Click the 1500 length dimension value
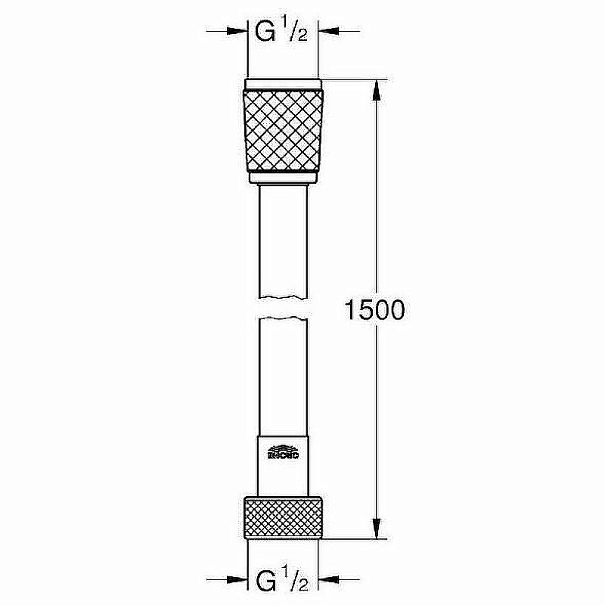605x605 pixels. [376, 310]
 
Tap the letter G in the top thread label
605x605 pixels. [264, 33]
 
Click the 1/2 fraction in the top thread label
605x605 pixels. [292, 33]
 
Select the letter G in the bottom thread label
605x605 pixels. [264, 582]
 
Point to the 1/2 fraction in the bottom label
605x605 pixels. [292, 582]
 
